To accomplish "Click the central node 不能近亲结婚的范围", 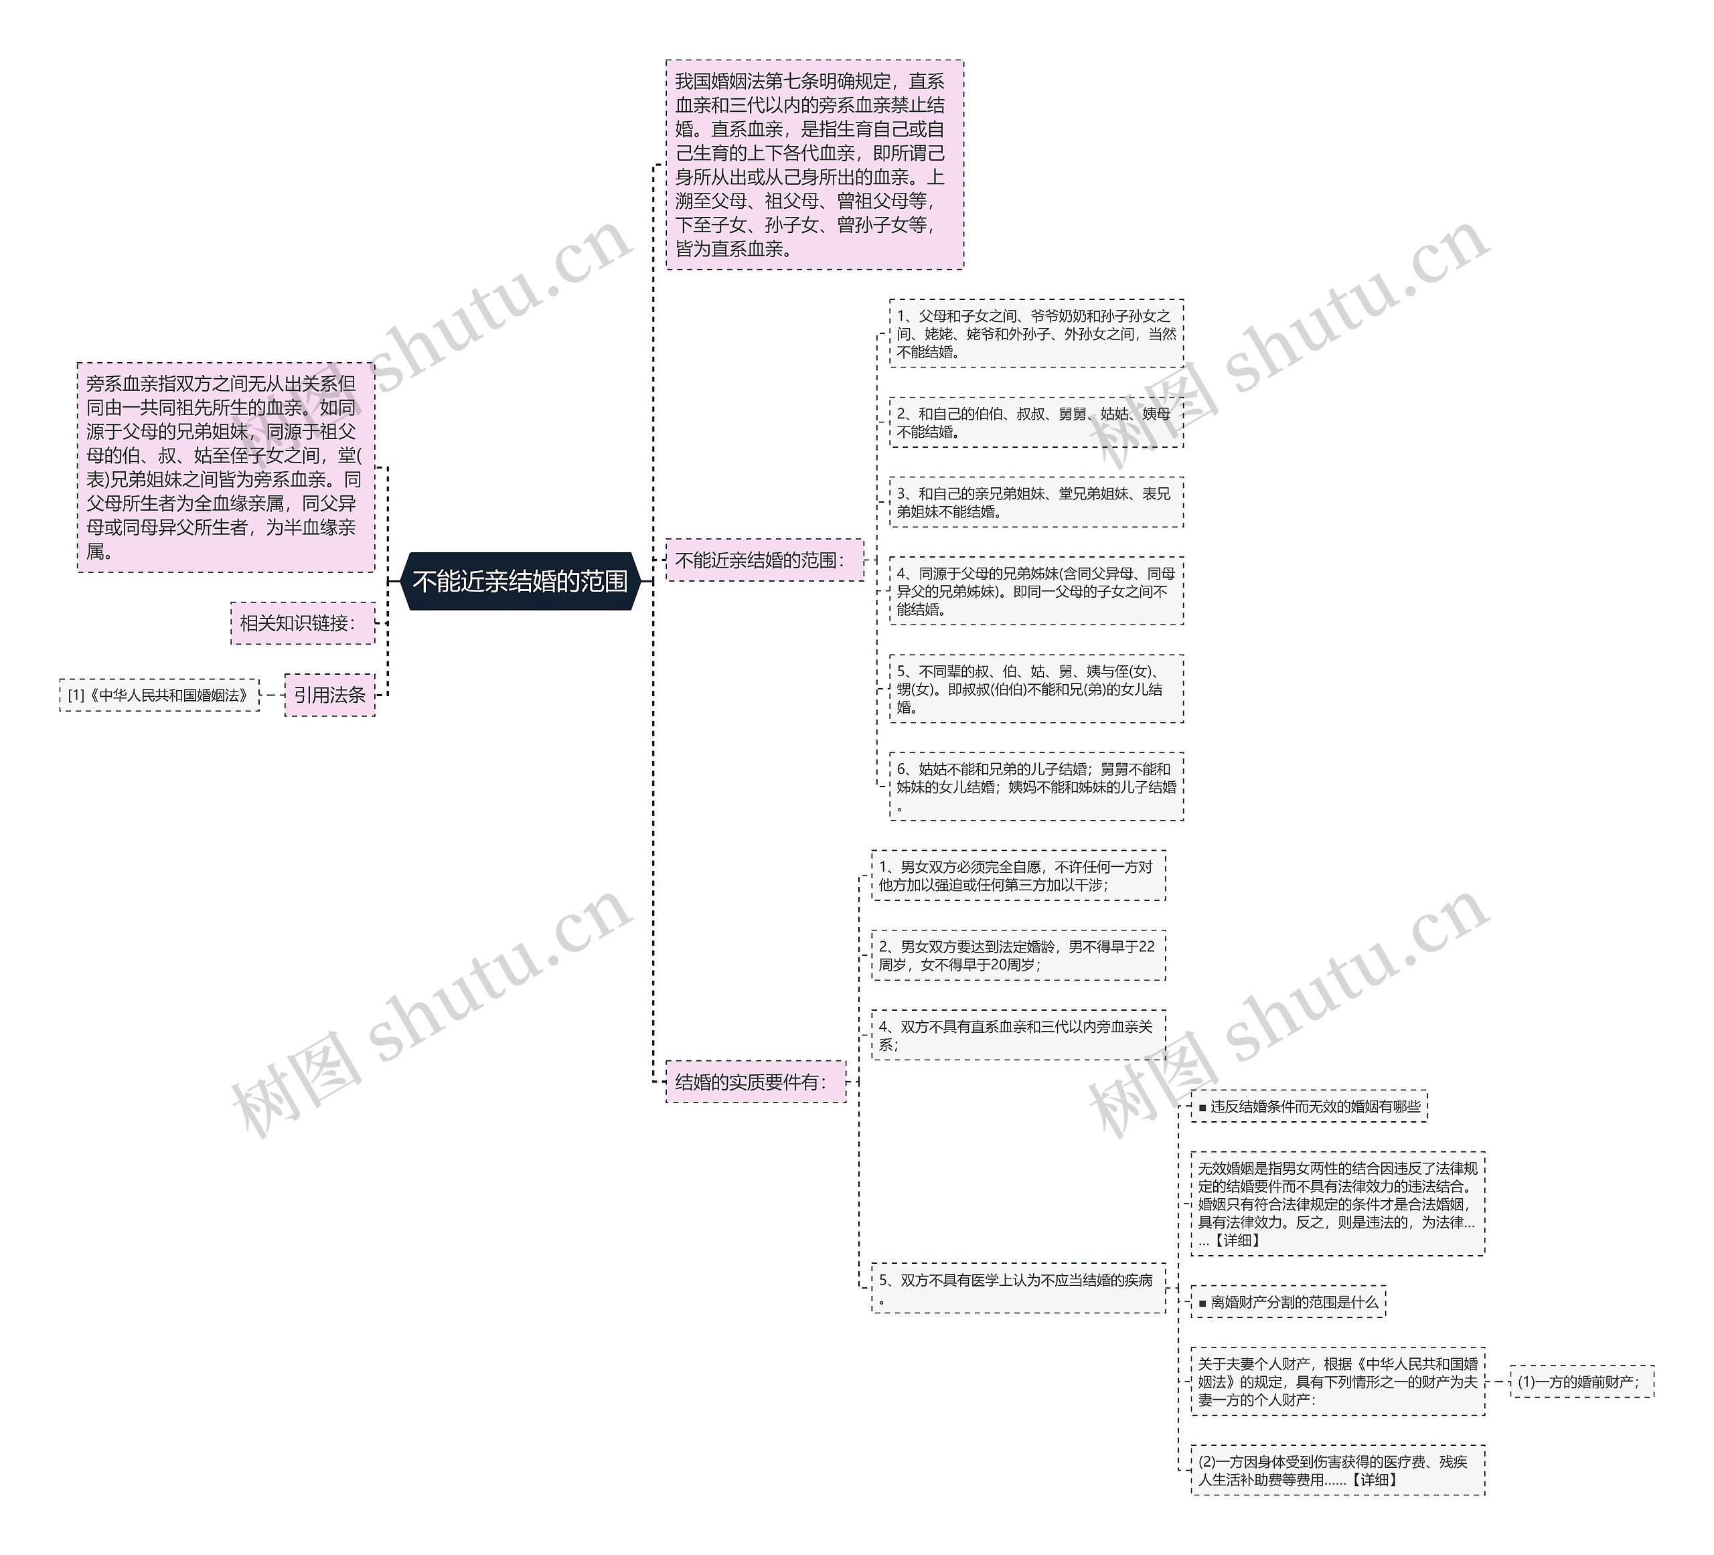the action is coord(520,582).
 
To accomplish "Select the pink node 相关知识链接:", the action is coord(302,623).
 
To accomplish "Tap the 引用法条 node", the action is coord(330,695).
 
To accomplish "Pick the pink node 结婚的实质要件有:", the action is coord(755,1082).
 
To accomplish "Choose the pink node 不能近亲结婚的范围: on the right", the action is coord(763,560).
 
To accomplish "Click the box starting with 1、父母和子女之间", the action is coord(1036,333).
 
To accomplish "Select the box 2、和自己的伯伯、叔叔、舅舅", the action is coord(1036,422).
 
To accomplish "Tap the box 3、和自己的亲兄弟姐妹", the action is coord(1036,503).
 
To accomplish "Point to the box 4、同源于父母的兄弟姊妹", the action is coord(1036,591).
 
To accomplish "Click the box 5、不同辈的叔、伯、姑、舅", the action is coord(1036,689).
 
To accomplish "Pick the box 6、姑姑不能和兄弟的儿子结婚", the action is coord(1036,787).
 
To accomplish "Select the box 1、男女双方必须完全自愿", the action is coord(1018,876).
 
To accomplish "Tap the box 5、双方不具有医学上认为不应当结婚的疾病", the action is coord(1018,1288).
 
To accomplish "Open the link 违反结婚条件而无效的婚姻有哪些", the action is coord(1308,1106).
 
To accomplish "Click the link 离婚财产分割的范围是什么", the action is coord(1288,1302).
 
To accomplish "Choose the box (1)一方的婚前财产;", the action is coord(1581,1382).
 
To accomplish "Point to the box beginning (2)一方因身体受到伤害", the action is coord(1337,1470).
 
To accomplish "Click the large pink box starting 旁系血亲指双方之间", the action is coord(226,467).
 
